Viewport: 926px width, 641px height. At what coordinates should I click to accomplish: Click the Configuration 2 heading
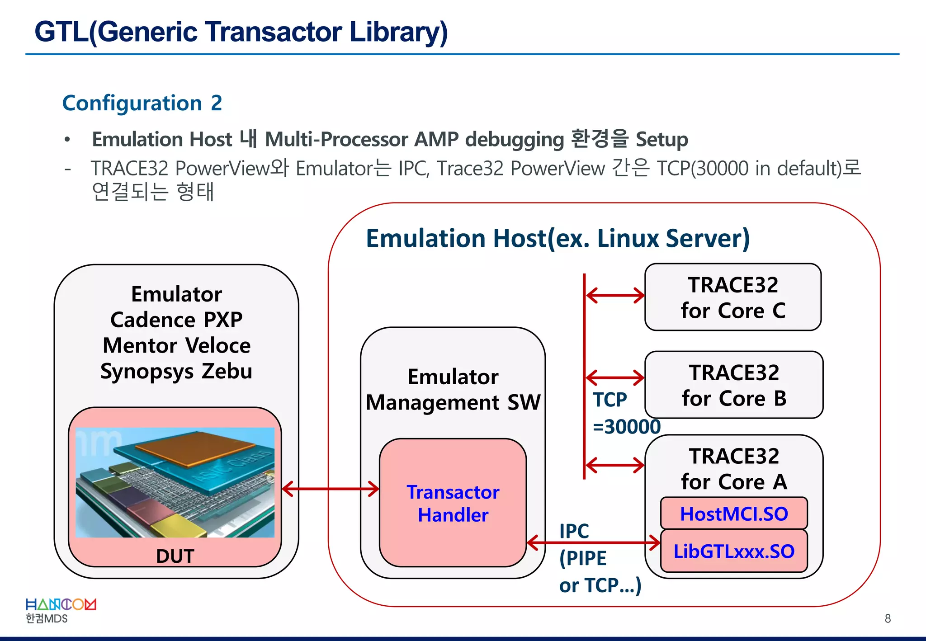point(142,103)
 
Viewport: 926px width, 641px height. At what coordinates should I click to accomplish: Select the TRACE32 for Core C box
point(733,297)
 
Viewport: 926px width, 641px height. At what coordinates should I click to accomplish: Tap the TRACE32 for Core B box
point(734,385)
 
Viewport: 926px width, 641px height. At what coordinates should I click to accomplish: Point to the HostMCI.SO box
point(734,514)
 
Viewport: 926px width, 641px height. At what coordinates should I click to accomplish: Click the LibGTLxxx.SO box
point(734,551)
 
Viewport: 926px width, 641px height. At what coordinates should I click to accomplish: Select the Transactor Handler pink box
point(453,503)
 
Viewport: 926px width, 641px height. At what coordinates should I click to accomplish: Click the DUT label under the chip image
point(175,556)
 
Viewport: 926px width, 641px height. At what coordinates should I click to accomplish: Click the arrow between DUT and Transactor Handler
point(331,489)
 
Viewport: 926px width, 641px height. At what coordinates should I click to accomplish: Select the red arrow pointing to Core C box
point(615,296)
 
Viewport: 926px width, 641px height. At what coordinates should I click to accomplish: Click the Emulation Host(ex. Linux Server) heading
point(557,238)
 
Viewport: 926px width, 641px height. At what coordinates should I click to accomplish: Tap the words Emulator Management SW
point(453,389)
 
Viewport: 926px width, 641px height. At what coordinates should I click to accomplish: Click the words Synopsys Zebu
point(176,371)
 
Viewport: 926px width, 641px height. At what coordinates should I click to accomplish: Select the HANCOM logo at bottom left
point(61,610)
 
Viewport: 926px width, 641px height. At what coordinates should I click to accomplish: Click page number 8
point(888,618)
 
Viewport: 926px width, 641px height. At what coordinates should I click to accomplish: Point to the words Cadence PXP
point(176,320)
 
